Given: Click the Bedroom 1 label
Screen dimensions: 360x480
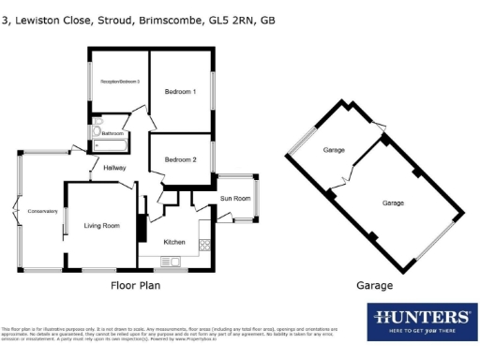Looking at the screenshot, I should [180, 92].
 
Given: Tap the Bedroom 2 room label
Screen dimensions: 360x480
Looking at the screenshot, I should [180, 159].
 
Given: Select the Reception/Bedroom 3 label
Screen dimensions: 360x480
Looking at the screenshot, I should [120, 82].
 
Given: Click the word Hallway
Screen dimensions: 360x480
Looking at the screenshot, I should [115, 168].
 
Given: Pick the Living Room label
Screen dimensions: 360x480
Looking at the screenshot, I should [101, 225].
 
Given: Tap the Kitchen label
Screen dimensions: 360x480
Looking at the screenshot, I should [174, 242].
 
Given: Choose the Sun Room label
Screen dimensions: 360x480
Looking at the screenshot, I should [234, 199].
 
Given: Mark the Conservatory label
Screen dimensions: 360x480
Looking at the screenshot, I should [43, 210].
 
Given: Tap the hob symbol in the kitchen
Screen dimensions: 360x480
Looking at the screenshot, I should [204, 246].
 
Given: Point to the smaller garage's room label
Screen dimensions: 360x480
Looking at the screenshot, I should [334, 150].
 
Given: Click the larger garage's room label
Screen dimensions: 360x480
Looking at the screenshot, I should [393, 202].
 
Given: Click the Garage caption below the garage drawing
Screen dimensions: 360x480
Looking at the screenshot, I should [374, 286].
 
